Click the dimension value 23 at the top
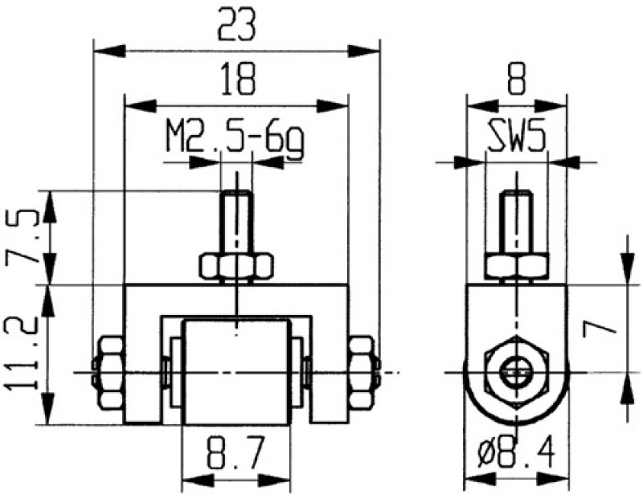(236, 26)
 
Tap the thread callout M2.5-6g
(236, 137)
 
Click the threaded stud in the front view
(236, 221)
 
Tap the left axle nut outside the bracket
(108, 372)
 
